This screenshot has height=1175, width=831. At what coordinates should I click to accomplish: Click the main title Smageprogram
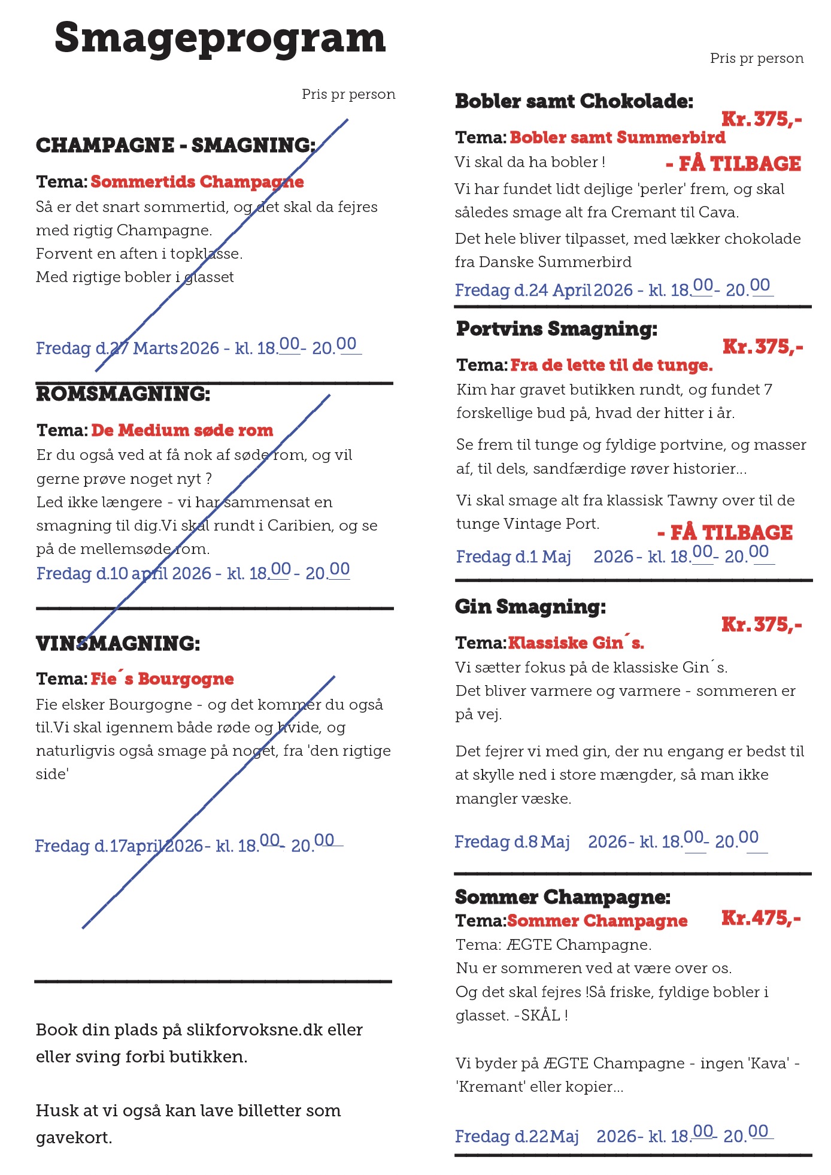(220, 38)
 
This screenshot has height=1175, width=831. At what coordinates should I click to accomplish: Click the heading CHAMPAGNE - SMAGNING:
(175, 146)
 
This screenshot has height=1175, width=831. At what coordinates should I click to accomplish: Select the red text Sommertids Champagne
(197, 182)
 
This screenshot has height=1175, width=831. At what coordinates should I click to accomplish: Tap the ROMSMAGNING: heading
(123, 394)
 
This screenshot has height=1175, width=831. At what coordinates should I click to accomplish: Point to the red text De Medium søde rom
(182, 431)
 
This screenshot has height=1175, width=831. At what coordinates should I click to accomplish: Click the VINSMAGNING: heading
(118, 644)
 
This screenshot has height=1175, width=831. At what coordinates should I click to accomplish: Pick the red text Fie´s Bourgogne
(162, 679)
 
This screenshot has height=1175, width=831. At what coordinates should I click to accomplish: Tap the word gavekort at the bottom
(73, 1137)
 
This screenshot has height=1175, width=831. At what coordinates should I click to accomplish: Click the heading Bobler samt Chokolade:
(574, 101)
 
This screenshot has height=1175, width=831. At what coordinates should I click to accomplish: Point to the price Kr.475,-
(760, 918)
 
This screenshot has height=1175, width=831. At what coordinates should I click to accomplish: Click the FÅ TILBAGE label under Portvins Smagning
(725, 532)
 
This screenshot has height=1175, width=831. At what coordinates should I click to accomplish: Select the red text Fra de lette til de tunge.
(611, 365)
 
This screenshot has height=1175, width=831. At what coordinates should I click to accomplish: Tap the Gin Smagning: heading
(530, 607)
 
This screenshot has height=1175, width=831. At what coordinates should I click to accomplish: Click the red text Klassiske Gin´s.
(576, 643)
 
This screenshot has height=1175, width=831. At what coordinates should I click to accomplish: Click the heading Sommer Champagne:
(562, 897)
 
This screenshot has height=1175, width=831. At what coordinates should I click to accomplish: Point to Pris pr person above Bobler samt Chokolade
(756, 59)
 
